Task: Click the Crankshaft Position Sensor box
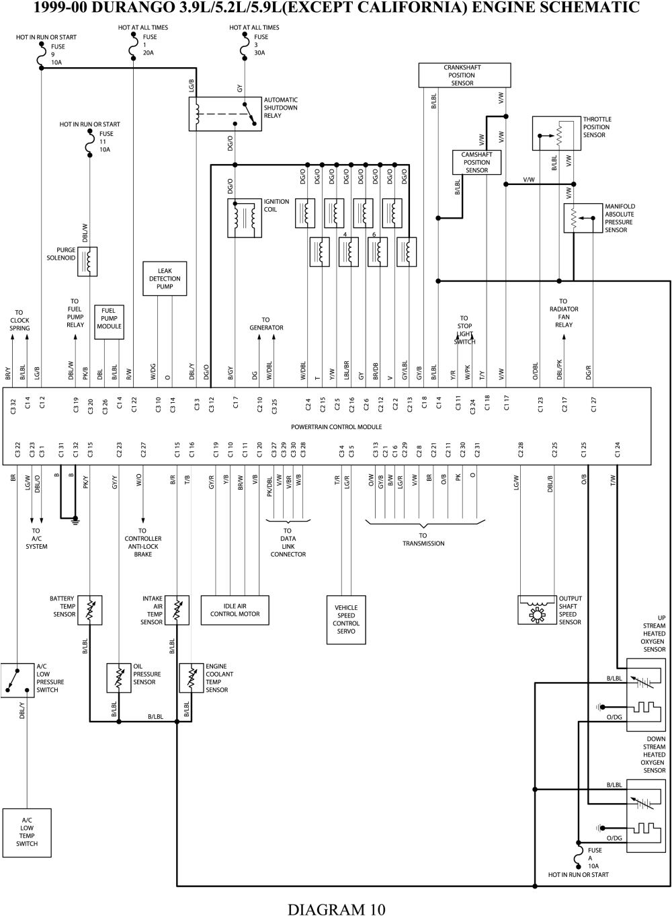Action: pos(462,75)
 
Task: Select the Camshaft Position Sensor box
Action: pos(476,163)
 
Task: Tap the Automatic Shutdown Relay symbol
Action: pos(225,114)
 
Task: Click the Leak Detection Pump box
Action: pos(165,278)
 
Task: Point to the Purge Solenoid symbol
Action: pos(88,261)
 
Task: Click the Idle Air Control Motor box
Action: pos(235,610)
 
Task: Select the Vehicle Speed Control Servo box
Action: pos(346,619)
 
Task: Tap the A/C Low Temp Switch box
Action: pos(27,833)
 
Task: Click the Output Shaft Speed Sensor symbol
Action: pos(538,609)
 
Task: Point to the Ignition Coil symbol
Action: pos(245,219)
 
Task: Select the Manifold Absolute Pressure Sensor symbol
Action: pos(583,218)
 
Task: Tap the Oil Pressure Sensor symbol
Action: pos(119,678)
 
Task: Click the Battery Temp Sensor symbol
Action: pos(89,609)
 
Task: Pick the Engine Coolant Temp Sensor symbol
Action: pos(192,678)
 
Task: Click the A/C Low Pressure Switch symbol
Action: pos(17,680)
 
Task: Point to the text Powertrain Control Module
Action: pos(336,427)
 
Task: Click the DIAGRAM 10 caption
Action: pos(336,909)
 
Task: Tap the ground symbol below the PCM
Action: pos(76,519)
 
